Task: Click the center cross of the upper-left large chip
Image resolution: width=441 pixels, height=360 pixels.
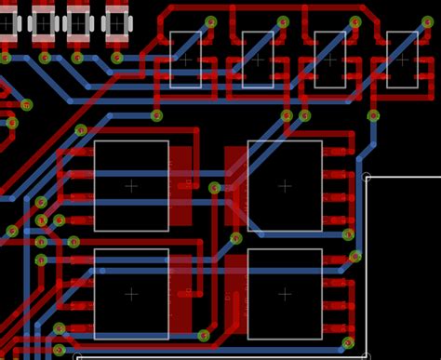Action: tap(131, 185)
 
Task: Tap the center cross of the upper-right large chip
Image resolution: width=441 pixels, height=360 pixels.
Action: tap(285, 185)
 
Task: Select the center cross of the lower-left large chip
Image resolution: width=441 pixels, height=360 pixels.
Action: tap(131, 293)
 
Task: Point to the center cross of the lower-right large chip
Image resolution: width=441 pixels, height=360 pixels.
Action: tap(285, 293)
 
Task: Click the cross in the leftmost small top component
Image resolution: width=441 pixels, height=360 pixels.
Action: tap(185, 60)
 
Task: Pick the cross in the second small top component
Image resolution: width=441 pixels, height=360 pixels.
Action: tap(258, 60)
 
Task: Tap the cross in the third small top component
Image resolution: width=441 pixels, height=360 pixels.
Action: tap(329, 60)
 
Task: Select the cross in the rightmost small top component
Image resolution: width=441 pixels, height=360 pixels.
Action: tap(402, 60)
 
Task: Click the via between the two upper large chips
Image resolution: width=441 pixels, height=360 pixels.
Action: tap(215, 188)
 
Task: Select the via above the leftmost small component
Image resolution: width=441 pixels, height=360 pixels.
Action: tap(211, 21)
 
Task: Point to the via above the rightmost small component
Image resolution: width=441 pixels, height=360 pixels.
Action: tap(355, 21)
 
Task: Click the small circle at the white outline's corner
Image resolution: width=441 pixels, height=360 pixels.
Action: tap(366, 176)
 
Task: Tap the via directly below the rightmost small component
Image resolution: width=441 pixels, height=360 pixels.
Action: tap(374, 116)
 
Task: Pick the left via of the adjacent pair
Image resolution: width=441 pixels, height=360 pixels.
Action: tap(287, 116)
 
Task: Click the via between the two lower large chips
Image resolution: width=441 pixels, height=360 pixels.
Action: tap(205, 335)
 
